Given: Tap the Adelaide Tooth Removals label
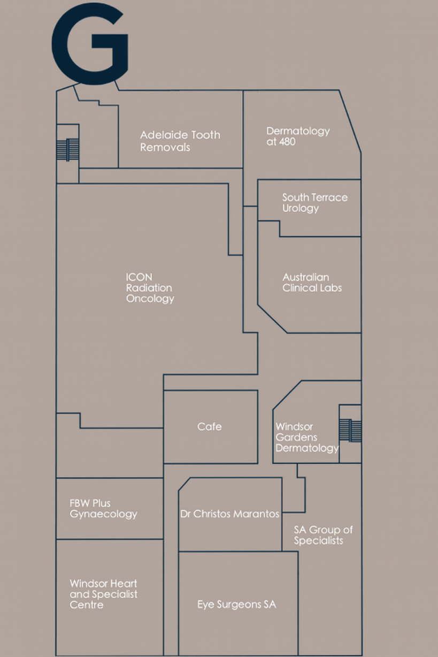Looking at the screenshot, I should coord(180,141).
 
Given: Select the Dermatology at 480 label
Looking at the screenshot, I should coord(298,136).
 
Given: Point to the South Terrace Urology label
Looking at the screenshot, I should coord(314,203).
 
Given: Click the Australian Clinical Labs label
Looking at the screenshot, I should coord(312,282).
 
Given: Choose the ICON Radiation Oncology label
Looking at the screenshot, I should coord(150,288).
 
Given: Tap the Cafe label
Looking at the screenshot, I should coord(209,426).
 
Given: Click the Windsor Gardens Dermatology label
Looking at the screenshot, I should coord(306,437).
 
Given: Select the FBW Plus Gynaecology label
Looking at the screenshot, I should coord(103,509).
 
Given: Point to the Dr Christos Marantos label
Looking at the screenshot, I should coord(229,514).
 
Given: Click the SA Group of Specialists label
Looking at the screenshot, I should coord(323,535).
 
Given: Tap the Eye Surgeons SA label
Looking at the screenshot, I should coord(236,605).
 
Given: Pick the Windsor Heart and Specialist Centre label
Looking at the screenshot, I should coord(103,594).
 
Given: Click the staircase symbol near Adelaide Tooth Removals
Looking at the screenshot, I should coord(68,149).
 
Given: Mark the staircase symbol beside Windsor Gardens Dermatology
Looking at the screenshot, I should coord(350,430).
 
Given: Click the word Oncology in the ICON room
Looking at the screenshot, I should coord(150,299).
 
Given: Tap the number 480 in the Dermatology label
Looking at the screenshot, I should coord(287,142).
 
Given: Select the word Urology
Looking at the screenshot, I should coord(300,208).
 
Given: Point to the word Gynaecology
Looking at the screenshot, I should coord(103,514).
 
